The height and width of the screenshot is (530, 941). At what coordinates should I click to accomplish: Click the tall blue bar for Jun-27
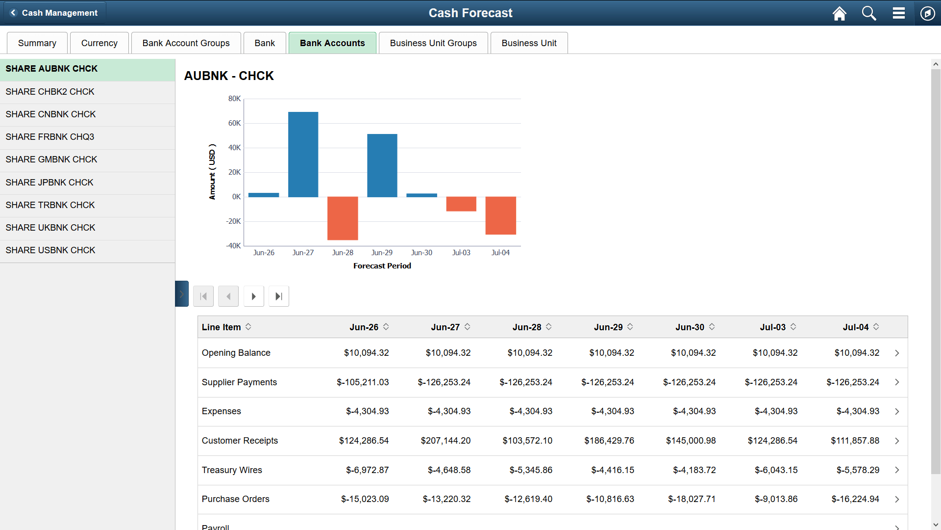[x=303, y=155]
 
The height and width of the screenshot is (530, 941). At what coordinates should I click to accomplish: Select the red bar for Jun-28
[x=343, y=218]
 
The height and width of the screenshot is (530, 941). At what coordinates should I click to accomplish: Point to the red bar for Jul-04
[x=500, y=215]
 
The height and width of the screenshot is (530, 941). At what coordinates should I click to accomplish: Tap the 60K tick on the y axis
[x=234, y=123]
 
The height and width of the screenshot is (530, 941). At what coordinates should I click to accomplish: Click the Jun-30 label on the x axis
[x=421, y=253]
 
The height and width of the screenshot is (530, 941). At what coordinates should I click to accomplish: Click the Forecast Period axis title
[x=382, y=266]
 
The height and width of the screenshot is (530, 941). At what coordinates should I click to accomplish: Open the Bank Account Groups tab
[x=186, y=43]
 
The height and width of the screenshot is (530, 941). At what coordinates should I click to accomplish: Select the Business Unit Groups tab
[x=433, y=43]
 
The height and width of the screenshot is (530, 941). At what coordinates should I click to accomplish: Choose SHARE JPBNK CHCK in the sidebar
[x=50, y=183]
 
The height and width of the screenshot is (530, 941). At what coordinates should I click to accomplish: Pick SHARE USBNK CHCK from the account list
[x=50, y=250]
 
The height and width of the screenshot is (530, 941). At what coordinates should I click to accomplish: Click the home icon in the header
[x=839, y=13]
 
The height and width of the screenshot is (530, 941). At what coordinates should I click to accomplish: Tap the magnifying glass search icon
[x=868, y=13]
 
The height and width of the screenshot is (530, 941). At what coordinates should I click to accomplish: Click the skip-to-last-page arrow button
[x=278, y=296]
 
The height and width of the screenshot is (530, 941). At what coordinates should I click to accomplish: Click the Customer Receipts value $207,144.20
[x=445, y=441]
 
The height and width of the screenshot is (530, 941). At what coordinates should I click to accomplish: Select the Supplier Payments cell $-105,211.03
[x=363, y=382]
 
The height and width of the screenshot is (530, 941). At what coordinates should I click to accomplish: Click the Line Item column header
[x=221, y=327]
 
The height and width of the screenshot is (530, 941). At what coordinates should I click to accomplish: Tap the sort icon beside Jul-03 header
[x=793, y=327]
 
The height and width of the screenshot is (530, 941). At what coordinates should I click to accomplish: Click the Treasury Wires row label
[x=232, y=470]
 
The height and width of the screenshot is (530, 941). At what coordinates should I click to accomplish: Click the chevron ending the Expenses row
[x=896, y=412]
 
